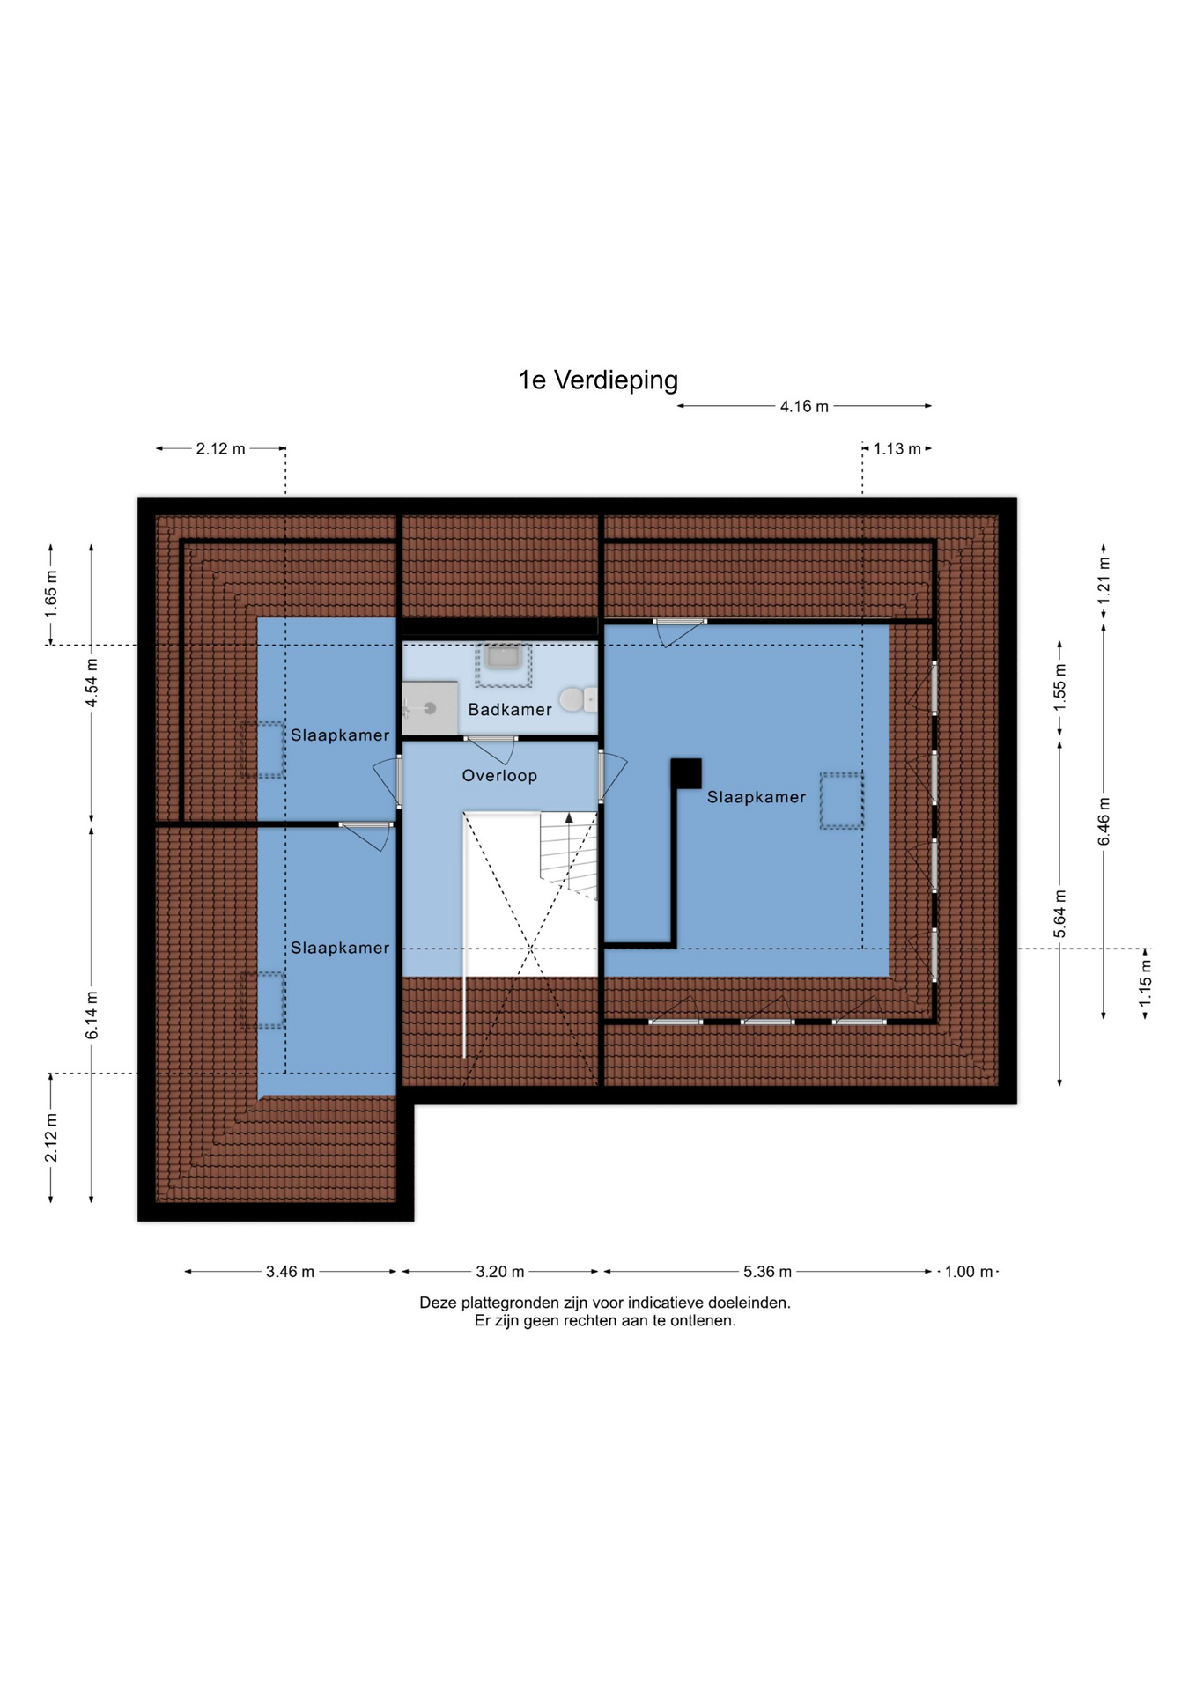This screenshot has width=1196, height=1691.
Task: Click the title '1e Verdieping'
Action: pyautogui.click(x=598, y=380)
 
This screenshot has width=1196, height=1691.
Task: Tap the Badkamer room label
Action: pyautogui.click(x=510, y=710)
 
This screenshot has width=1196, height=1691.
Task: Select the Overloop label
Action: pyautogui.click(x=499, y=776)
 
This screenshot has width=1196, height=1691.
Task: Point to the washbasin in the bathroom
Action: pyautogui.click(x=504, y=657)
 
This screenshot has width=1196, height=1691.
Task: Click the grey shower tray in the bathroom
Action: pyautogui.click(x=430, y=708)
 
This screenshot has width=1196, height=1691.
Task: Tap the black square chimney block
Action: pyautogui.click(x=686, y=773)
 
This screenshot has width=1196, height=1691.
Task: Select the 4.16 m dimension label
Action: pyautogui.click(x=804, y=407)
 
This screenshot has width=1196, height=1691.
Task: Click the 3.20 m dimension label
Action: pyautogui.click(x=500, y=1272)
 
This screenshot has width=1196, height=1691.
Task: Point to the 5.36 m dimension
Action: pyautogui.click(x=767, y=1272)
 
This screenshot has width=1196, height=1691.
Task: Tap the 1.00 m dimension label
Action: pyautogui.click(x=969, y=1272)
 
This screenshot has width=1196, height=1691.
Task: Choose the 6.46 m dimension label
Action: pyautogui.click(x=1104, y=821)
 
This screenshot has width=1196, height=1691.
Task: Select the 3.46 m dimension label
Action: pyautogui.click(x=290, y=1272)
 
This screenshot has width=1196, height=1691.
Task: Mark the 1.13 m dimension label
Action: pyautogui.click(x=897, y=449)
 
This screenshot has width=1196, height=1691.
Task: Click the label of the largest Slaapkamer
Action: pyautogui.click(x=757, y=797)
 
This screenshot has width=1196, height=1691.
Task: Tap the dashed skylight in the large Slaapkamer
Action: pyautogui.click(x=841, y=801)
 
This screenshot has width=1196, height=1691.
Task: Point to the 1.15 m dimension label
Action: pyautogui.click(x=1145, y=984)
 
